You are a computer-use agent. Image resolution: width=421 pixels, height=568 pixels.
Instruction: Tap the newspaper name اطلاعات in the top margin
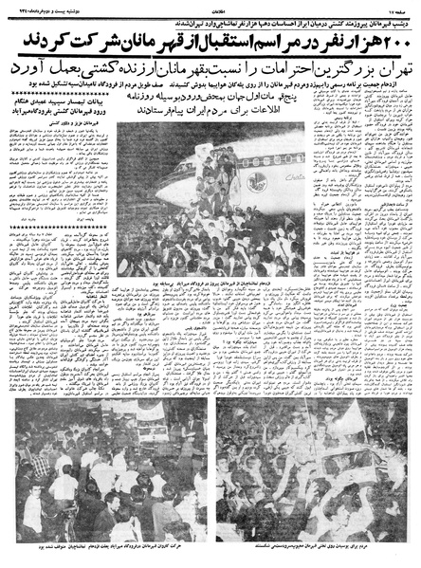pyautogui.click(x=210, y=9)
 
